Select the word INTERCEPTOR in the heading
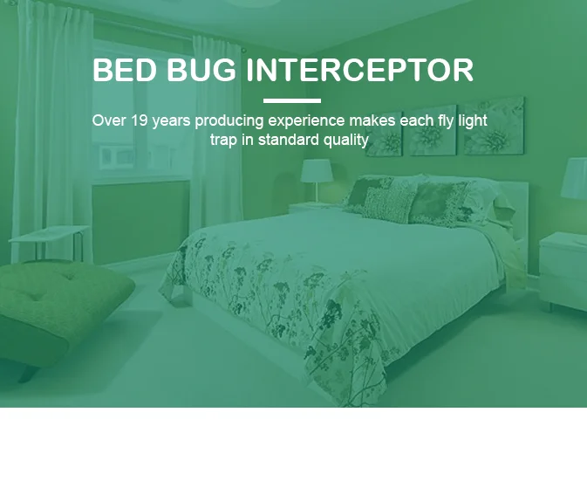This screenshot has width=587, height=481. coord(360,71)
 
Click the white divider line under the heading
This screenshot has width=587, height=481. coord(292,101)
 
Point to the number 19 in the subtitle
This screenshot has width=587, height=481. coord(140,120)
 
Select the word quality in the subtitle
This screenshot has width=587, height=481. coord(345,140)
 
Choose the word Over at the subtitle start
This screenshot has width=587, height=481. coord(108,120)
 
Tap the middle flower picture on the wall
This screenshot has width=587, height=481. coord(433,131)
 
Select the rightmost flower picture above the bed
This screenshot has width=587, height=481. coord(494,127)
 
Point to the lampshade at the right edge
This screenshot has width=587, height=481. coord(574,179)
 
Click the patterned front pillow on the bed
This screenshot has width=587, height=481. coord(387,205)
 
